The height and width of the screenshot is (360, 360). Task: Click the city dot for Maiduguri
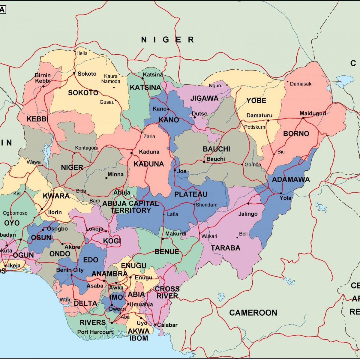pos(303,118)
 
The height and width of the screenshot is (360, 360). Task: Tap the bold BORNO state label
pos(296,133)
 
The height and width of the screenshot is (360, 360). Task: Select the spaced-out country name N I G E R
pos(168,40)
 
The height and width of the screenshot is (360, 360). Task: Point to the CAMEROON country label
pos(253,313)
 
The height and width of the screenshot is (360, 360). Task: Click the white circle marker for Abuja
pos(132,196)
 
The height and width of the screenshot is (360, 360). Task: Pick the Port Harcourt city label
pos(95,332)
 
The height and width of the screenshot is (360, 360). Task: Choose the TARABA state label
pos(225,248)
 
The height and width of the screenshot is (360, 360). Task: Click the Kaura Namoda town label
pos(111,79)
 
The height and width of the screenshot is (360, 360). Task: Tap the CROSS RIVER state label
pos(167,292)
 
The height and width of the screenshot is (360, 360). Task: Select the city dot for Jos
pos(175,170)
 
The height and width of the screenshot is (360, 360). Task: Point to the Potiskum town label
pos(254,127)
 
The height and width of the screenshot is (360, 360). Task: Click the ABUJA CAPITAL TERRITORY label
pos(130,207)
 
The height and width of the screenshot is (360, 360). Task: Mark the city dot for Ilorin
pos(42,209)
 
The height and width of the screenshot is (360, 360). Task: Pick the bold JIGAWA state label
pos(204,98)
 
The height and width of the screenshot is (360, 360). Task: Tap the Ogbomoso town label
pos(15,213)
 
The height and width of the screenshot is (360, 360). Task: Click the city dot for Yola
pos(281,193)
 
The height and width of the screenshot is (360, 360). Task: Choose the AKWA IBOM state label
pos(138,334)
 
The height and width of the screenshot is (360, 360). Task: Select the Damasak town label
pos(300,84)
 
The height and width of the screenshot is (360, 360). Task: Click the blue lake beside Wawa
pos(46,151)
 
